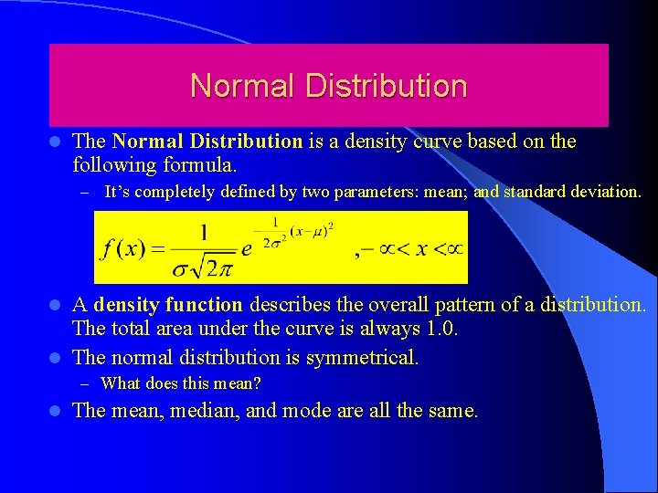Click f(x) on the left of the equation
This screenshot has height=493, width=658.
[x=123, y=248]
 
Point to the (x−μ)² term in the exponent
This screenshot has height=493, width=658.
[x=311, y=228]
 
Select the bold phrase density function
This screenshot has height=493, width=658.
[x=169, y=304]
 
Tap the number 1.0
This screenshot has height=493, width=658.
[x=439, y=328]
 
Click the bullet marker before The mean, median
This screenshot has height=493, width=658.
[x=55, y=411]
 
